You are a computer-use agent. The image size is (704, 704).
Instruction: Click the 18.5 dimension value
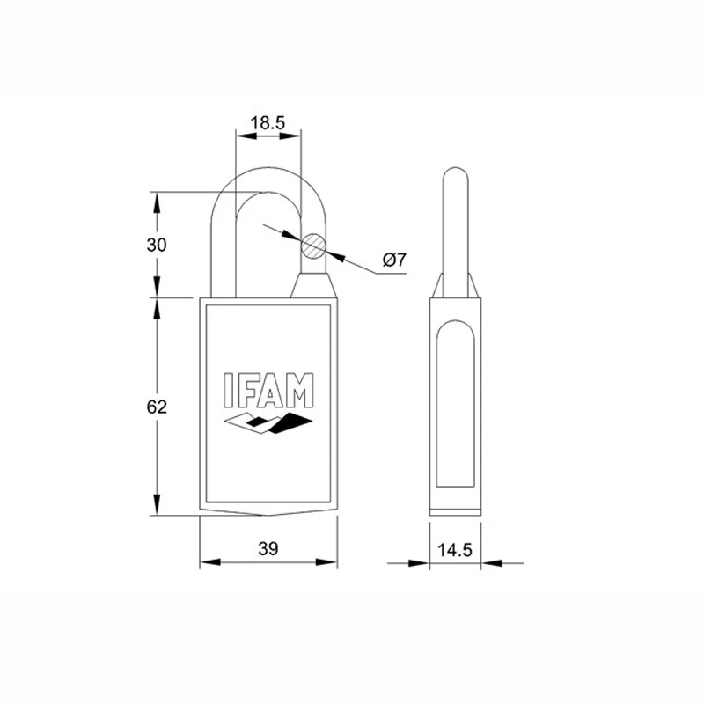(268, 122)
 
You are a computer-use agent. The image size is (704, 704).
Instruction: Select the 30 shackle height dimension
(157, 245)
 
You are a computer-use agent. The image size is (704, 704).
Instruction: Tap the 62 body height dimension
(157, 407)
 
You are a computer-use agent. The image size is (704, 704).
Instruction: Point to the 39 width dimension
(268, 548)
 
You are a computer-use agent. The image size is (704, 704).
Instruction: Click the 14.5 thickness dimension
(455, 549)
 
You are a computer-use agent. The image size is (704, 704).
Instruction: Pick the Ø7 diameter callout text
(394, 260)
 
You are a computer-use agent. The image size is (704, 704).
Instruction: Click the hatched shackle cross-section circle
(313, 246)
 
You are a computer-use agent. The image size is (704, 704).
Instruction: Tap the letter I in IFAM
(229, 390)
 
